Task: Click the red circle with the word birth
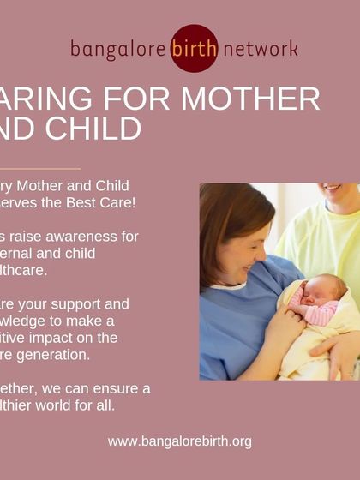tap(193, 49)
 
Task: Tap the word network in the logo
tap(260, 49)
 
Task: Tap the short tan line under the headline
tap(39, 168)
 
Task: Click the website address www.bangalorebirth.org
tap(180, 441)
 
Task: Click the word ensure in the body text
tap(116, 387)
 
